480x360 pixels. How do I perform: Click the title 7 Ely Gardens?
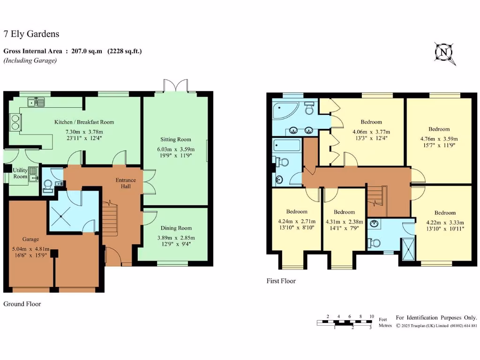point(31,34)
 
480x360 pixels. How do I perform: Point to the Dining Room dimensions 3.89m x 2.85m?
point(176,238)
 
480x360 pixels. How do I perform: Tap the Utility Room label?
point(20,173)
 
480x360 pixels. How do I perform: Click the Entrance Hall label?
point(126,183)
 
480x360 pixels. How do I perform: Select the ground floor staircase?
point(109,218)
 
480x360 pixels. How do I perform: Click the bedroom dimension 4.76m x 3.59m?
point(439,139)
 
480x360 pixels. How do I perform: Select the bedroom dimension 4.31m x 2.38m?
point(344,222)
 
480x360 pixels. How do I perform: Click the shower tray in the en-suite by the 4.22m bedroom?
point(406,247)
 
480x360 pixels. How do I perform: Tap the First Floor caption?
point(281,281)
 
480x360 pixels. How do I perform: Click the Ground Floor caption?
point(22,304)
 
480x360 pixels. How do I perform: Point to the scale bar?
point(345,322)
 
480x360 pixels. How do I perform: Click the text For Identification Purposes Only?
point(436,317)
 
